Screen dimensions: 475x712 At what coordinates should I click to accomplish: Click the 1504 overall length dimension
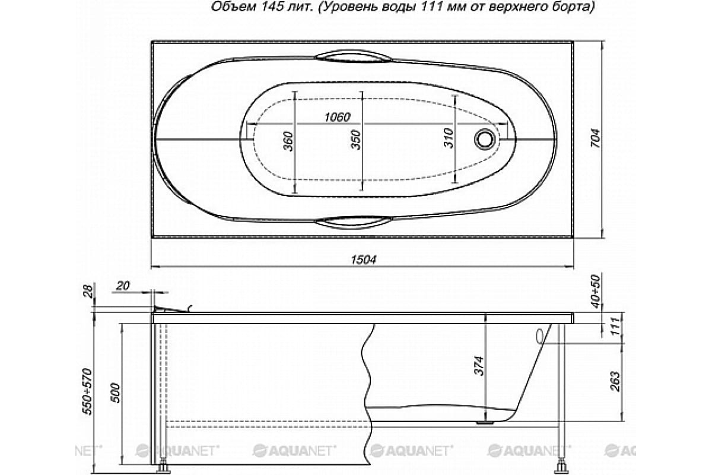tap(363, 259)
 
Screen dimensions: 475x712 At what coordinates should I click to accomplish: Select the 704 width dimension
tap(596, 138)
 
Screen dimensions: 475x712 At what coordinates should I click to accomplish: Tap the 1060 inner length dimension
tap(337, 117)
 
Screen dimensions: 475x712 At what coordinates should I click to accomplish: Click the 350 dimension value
tap(355, 140)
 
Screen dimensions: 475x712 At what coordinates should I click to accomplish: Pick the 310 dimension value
tap(449, 138)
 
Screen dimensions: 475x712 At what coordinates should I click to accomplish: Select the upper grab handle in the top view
tap(354, 56)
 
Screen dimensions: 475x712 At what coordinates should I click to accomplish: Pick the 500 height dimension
tap(116, 393)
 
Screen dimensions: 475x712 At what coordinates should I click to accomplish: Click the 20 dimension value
tap(122, 286)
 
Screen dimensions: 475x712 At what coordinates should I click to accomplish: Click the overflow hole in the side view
tap(539, 336)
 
